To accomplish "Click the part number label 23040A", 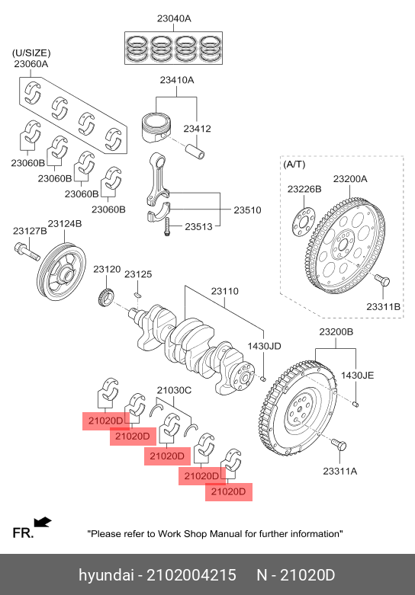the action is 174,18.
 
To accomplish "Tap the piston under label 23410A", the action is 156,126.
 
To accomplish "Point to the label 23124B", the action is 64,224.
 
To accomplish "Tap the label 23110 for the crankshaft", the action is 225,292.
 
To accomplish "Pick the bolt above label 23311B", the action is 382,281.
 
